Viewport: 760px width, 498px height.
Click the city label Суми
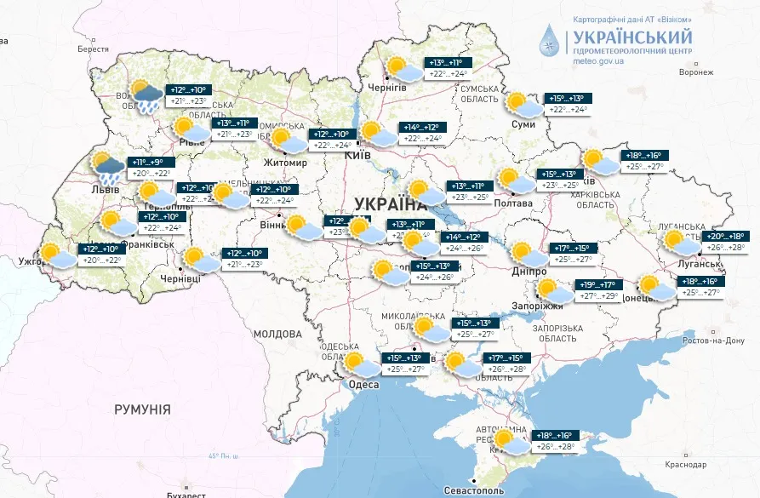523,124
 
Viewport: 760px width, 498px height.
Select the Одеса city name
364,384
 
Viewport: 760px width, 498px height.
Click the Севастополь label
473,491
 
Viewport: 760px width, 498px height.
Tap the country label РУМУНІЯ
142,409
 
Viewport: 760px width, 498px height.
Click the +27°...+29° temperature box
598,295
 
